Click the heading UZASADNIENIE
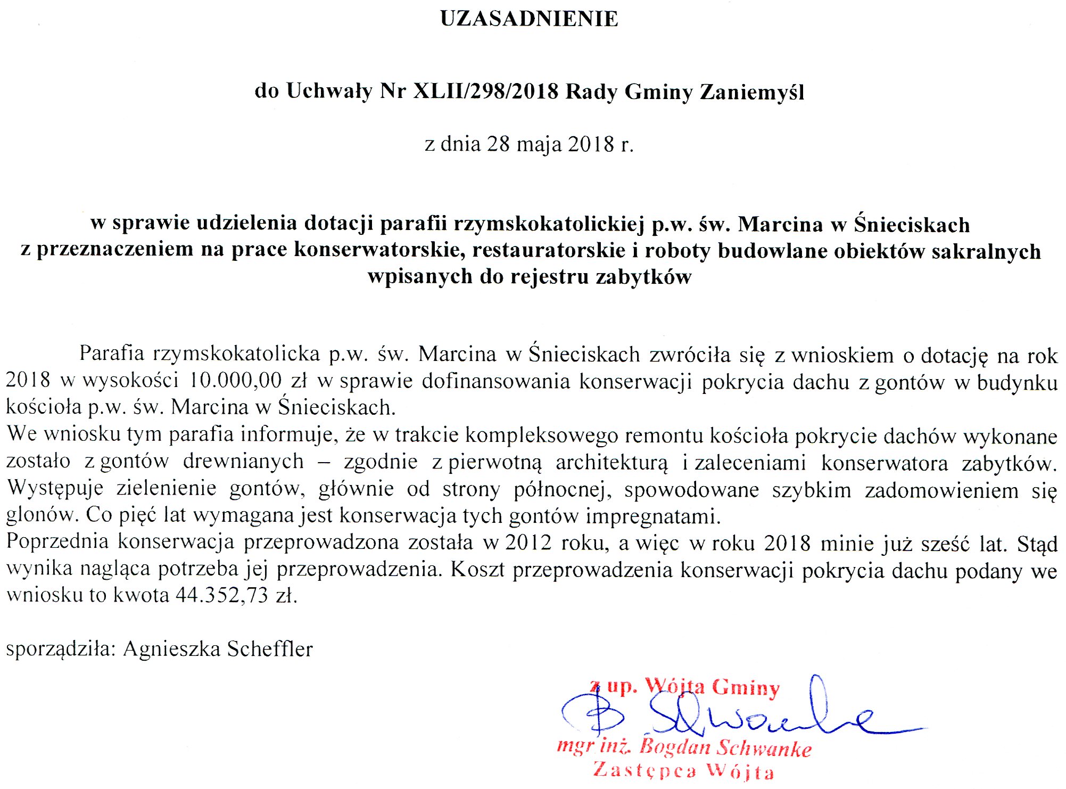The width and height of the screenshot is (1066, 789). tap(529, 19)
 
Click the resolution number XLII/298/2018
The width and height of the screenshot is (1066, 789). tap(486, 92)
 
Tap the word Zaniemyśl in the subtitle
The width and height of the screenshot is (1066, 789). tap(751, 92)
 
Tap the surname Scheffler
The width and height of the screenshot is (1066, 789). tap(270, 649)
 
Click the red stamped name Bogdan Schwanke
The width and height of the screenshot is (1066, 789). tap(725, 747)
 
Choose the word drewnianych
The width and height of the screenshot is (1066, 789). tap(243, 462)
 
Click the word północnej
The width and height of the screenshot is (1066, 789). tap(559, 489)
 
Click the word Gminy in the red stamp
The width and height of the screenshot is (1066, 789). tap(745, 687)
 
